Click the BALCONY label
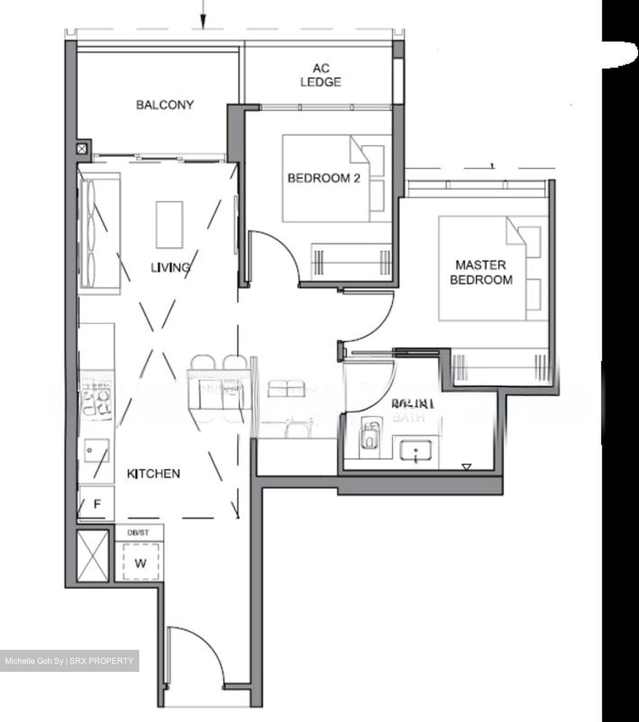pyautogui.click(x=165, y=105)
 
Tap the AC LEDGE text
pyautogui.click(x=321, y=75)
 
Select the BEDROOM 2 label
pyautogui.click(x=324, y=178)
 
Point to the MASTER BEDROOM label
pyautogui.click(x=481, y=272)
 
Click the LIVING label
pyautogui.click(x=170, y=268)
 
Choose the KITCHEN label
pyautogui.click(x=153, y=474)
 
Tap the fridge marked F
pyautogui.click(x=97, y=503)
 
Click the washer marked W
pyautogui.click(x=141, y=563)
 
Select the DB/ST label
pyautogui.click(x=138, y=532)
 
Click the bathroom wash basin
pyautogui.click(x=416, y=450)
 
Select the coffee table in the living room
pyautogui.click(x=169, y=224)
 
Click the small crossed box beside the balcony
pyautogui.click(x=83, y=148)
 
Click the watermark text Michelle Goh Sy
pyautogui.click(x=34, y=661)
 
